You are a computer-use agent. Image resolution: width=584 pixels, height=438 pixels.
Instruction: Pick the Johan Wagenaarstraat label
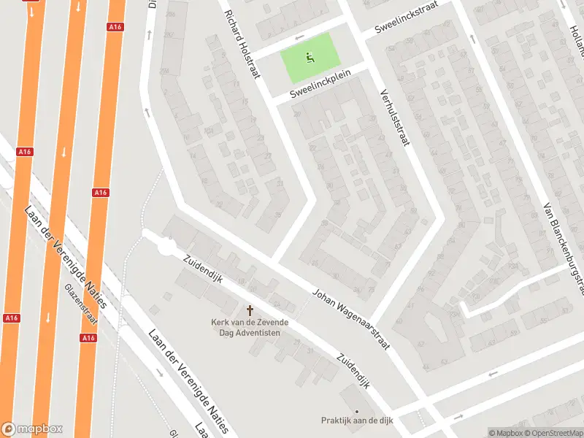point(350,318)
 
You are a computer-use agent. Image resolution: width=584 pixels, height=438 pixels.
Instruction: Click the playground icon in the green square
point(310,55)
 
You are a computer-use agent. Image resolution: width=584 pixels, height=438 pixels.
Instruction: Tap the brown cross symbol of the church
point(250,310)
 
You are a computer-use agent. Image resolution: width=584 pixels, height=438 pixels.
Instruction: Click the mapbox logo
point(32,429)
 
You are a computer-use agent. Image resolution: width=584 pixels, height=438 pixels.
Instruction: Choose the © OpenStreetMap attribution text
point(552,432)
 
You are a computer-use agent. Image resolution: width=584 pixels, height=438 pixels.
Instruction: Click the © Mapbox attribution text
point(504,432)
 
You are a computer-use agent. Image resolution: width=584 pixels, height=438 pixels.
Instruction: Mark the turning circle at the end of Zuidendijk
point(166,248)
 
